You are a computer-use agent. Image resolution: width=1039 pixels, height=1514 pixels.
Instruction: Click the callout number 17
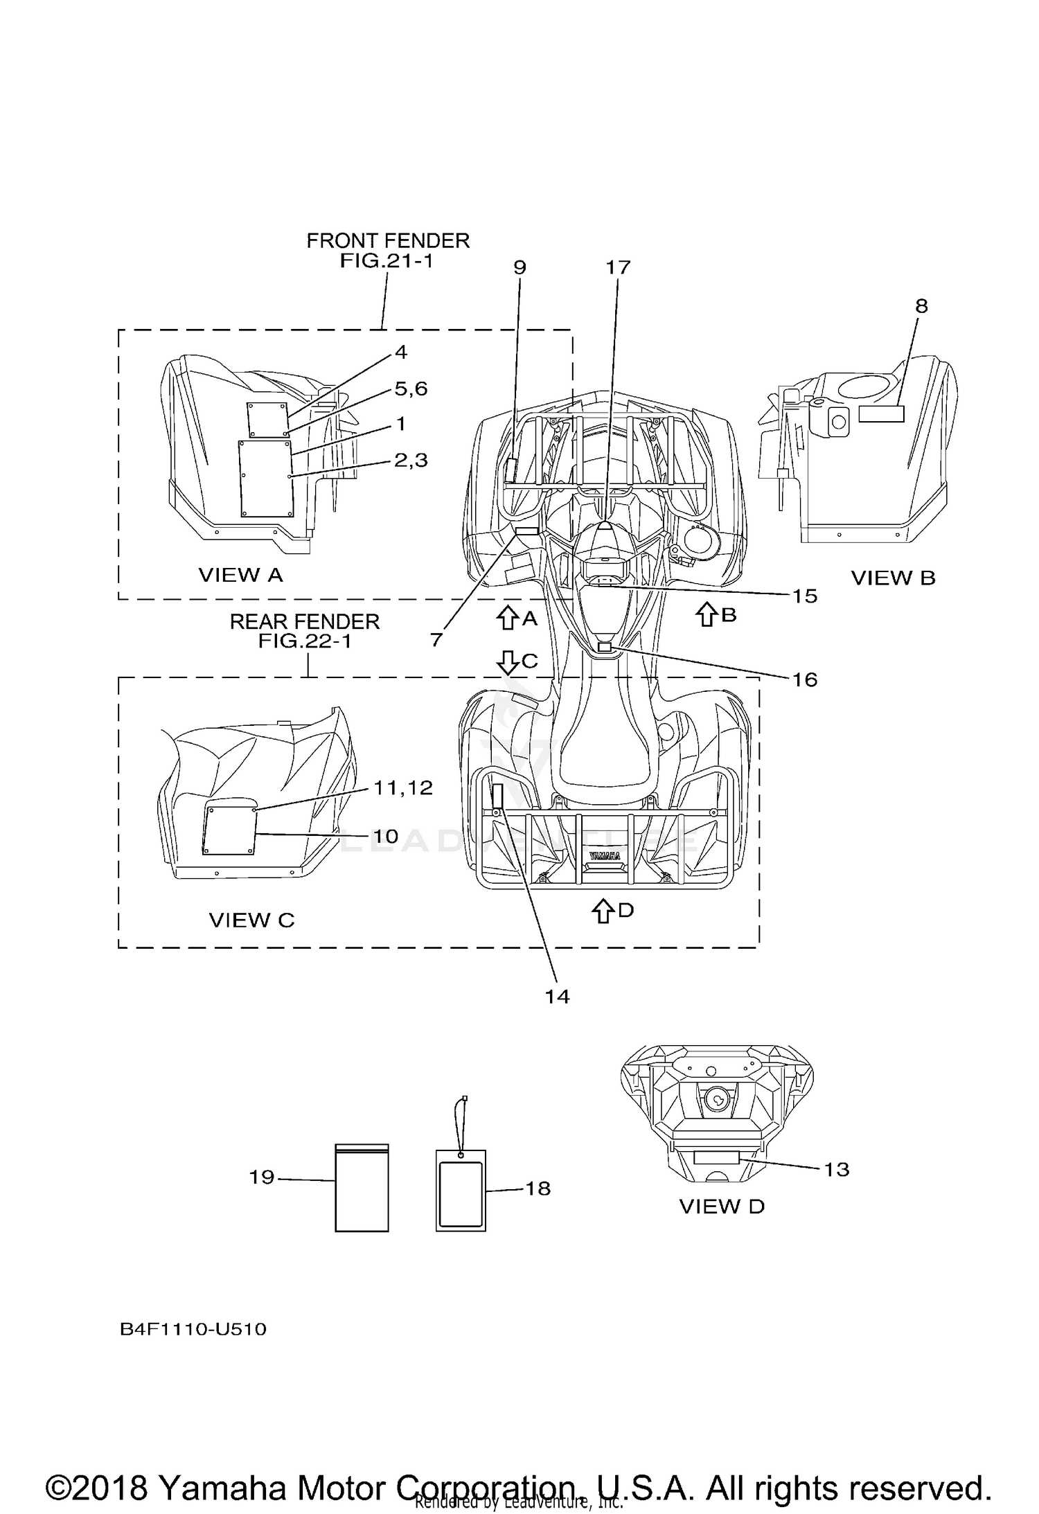point(618,267)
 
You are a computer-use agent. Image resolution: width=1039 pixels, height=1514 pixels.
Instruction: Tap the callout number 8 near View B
point(921,306)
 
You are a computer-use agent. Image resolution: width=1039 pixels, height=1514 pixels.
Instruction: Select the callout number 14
point(557,996)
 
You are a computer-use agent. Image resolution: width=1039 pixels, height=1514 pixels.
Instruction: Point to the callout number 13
point(837,1170)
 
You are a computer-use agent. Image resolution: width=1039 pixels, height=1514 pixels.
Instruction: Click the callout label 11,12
point(403,787)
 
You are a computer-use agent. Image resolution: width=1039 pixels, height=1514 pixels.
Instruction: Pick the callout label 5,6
point(411,389)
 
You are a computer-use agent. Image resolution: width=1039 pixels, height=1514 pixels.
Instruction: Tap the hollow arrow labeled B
point(707,614)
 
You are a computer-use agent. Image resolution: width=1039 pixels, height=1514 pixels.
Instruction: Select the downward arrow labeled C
point(508,663)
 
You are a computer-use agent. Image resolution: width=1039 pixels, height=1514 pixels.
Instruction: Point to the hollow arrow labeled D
point(603,911)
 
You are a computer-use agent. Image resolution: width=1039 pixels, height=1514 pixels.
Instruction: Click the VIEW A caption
point(240,575)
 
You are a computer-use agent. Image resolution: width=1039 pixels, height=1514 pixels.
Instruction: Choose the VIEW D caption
point(722,1206)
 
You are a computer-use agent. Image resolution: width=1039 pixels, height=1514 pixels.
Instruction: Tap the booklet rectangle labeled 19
point(362,1188)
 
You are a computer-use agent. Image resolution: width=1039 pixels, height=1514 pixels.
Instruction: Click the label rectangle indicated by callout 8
point(881,413)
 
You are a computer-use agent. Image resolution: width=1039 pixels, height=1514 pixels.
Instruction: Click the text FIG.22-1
point(305,641)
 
